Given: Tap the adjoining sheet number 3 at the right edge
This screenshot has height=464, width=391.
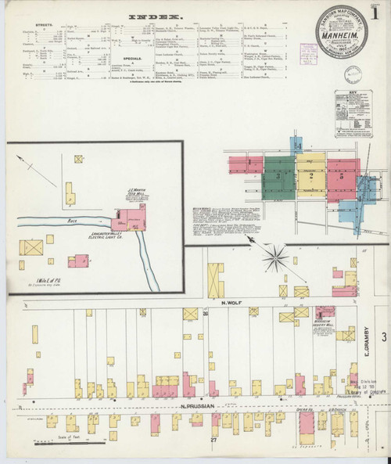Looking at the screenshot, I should (384, 336).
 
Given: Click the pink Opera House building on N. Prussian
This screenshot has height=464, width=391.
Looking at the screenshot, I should (307, 423).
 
